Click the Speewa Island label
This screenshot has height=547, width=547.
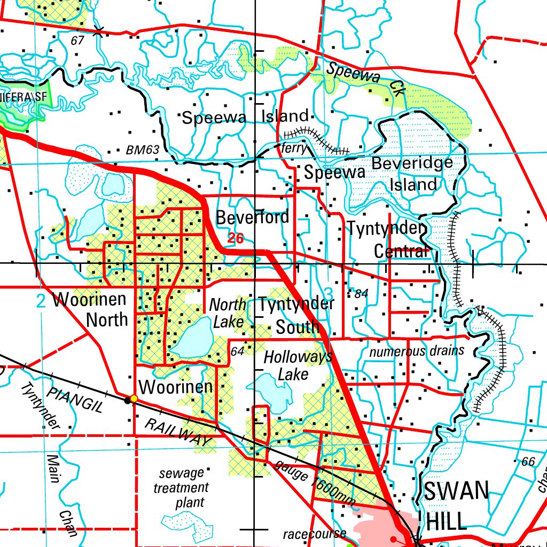point(245,117)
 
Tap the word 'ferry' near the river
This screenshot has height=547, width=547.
point(294,148)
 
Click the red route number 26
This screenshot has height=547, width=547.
point(235,238)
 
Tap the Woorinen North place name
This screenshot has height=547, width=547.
point(90,309)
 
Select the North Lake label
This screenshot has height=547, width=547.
point(228,313)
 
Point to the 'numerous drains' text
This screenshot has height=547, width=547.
point(417,351)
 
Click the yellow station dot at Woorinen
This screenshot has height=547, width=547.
point(134,398)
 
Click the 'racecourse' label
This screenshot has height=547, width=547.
point(315,533)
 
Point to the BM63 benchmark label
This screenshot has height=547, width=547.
point(143,151)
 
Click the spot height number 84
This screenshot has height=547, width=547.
point(361,294)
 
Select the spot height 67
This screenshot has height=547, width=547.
point(77,41)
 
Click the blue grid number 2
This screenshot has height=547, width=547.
point(41,302)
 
